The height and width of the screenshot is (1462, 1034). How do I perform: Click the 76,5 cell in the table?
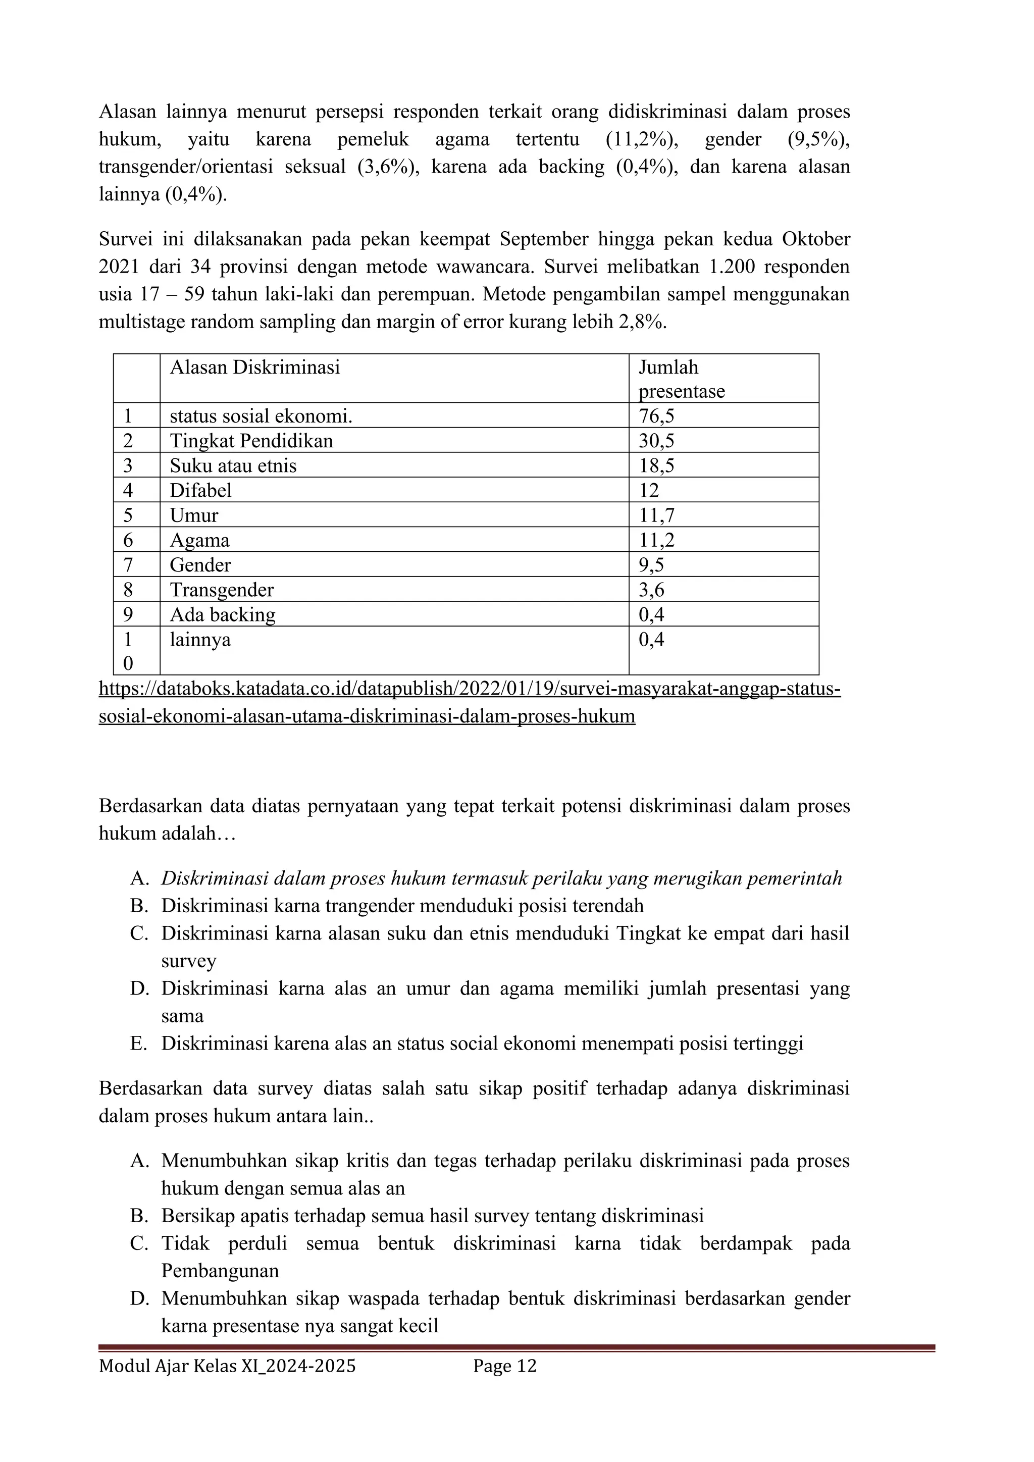click(656, 416)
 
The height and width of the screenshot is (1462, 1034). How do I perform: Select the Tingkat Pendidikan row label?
click(251, 441)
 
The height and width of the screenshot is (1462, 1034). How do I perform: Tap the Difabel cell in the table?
click(200, 490)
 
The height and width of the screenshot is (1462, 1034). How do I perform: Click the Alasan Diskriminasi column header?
click(254, 368)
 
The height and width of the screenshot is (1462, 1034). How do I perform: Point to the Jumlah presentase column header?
click(681, 379)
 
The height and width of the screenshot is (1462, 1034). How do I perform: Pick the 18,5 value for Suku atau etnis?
click(656, 465)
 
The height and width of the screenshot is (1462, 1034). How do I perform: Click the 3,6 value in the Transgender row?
click(651, 590)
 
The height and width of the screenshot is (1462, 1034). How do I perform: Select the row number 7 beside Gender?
click(128, 565)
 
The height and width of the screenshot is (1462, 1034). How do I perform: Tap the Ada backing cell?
click(222, 614)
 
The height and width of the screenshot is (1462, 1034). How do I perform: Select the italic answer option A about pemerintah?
click(501, 879)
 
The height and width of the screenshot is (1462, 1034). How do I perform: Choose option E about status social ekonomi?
click(482, 1043)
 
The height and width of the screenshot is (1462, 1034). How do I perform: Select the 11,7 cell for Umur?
click(656, 515)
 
